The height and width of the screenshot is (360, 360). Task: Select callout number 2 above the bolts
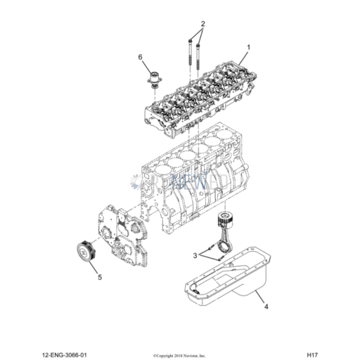(x=203, y=23)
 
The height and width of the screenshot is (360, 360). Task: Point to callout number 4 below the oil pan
(x=266, y=307)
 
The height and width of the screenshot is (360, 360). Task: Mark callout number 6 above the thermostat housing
(x=140, y=56)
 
